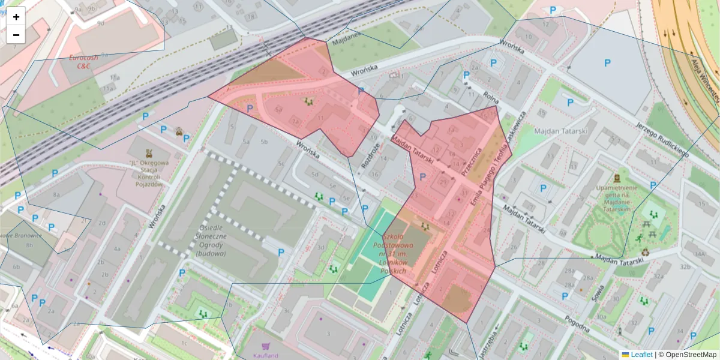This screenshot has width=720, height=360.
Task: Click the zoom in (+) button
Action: click(16, 17)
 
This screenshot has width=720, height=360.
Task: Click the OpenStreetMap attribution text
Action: click(691, 355)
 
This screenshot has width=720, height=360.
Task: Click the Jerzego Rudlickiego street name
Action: click(662, 135)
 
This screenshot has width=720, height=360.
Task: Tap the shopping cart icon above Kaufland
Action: click(266, 346)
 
